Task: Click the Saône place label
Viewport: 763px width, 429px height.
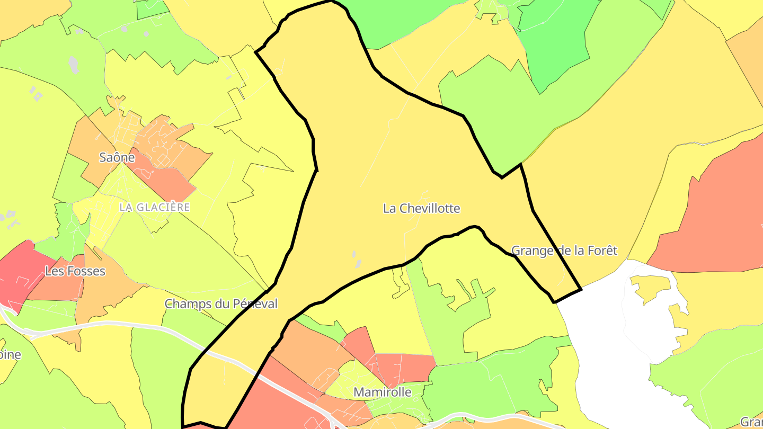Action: point(117,157)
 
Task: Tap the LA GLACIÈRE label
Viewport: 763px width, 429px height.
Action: point(154,207)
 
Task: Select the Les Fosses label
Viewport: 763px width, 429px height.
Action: point(75,271)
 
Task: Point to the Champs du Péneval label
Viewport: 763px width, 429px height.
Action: point(221,303)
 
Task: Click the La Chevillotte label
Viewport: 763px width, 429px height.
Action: point(421,208)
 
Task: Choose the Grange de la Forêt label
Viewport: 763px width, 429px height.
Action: point(564,250)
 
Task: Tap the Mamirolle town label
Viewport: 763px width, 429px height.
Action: point(382,392)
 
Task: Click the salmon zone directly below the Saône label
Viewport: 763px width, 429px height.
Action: point(164,180)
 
